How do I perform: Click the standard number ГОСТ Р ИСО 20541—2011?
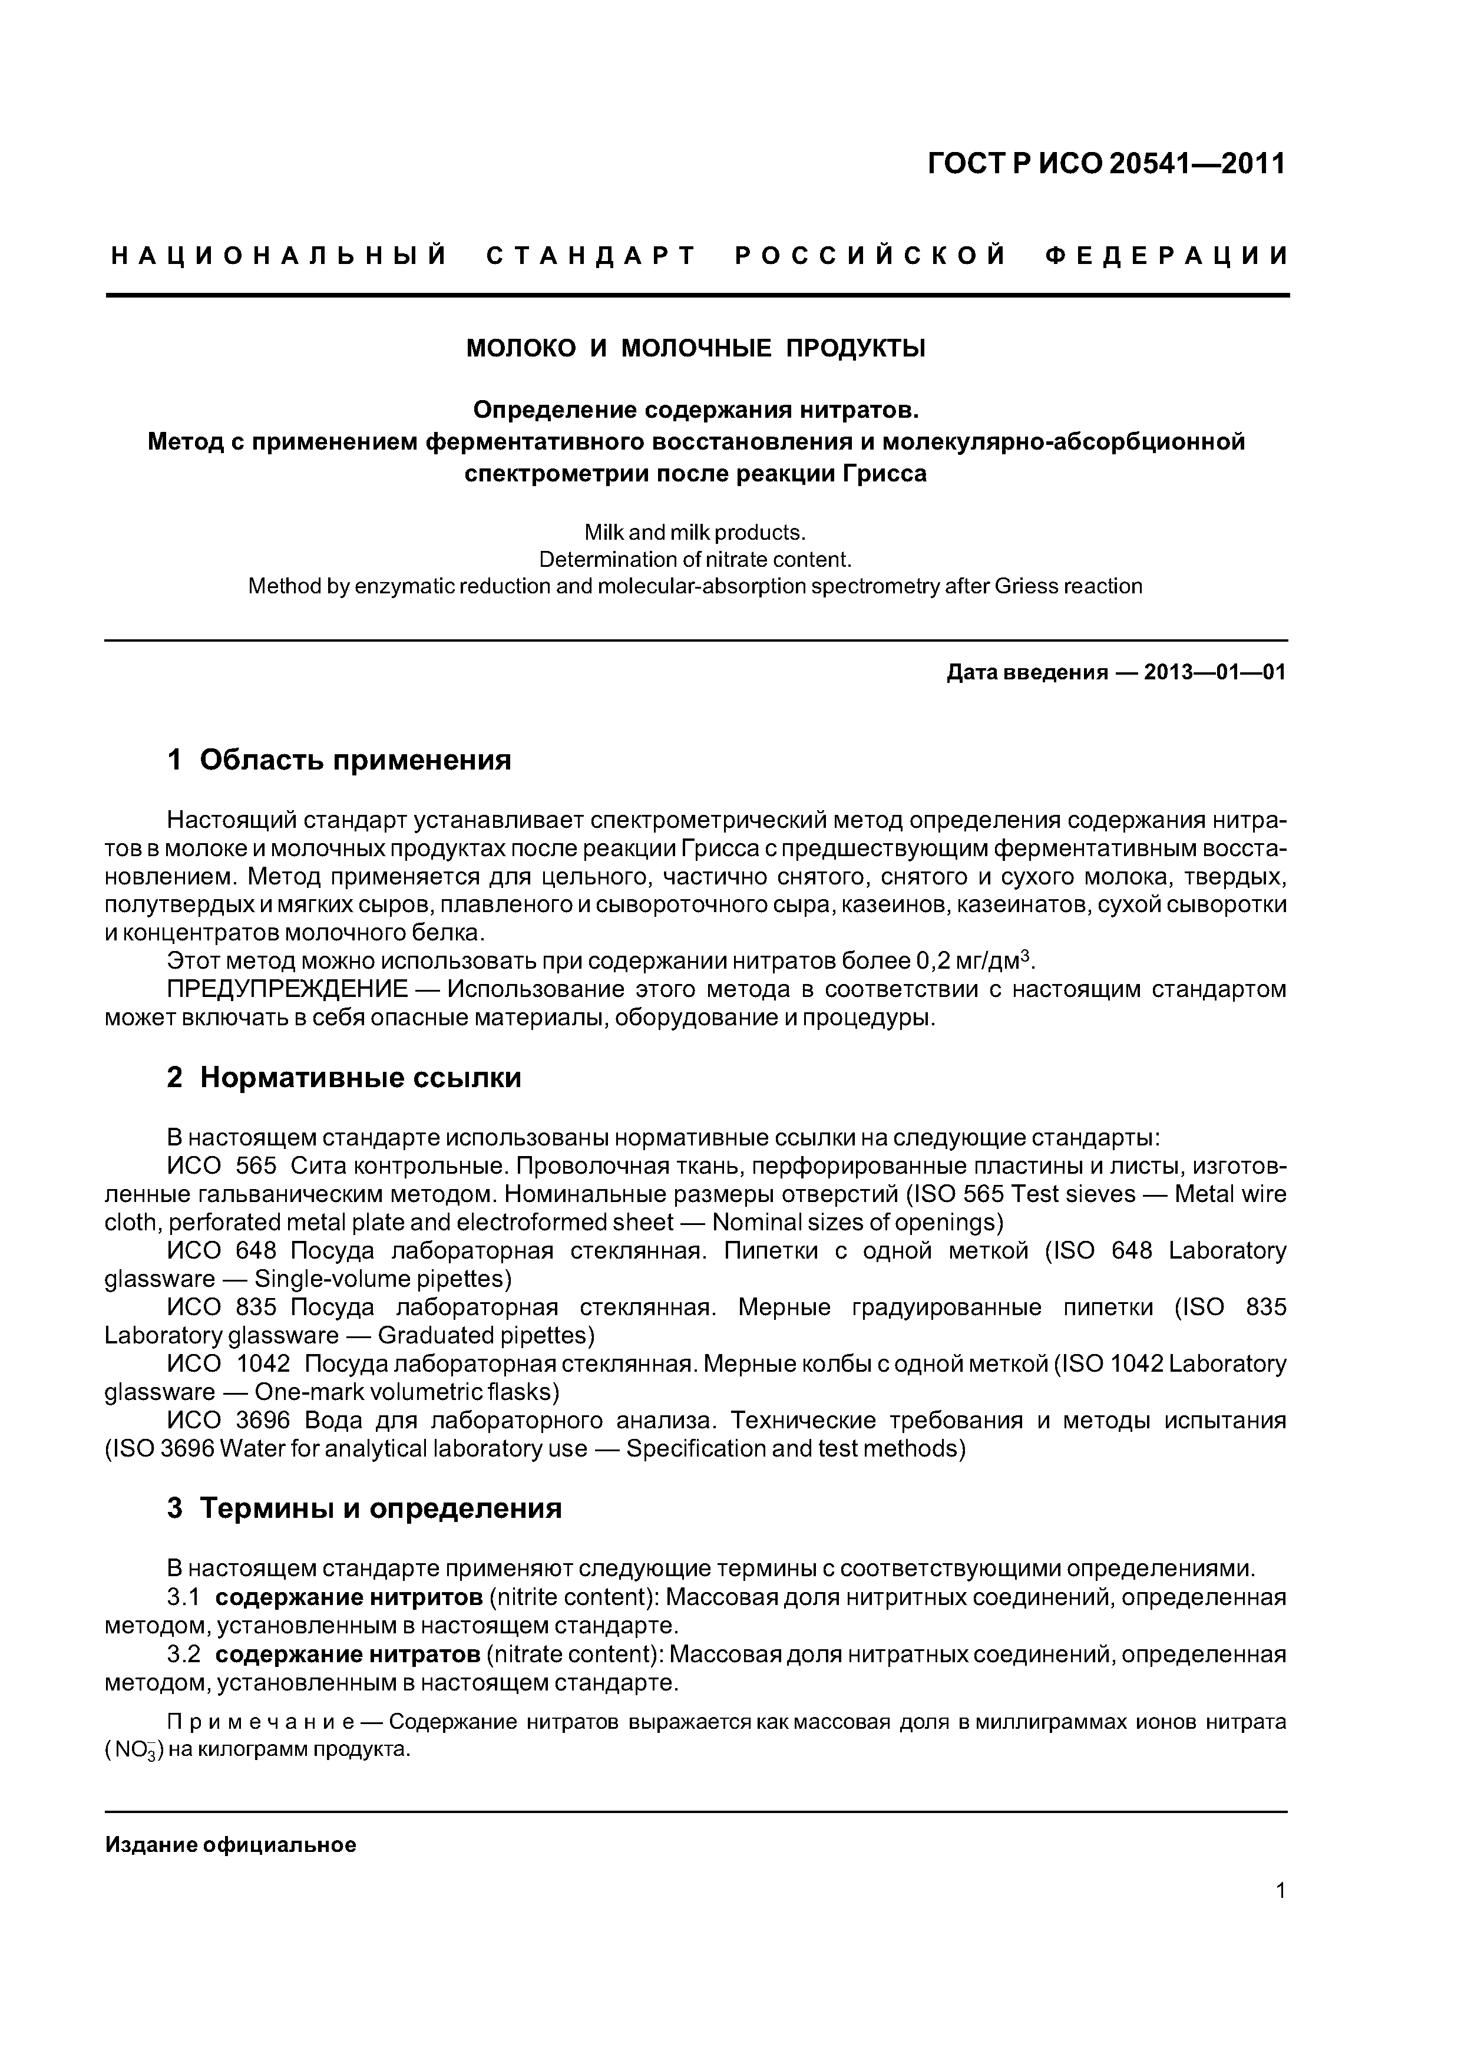[1106, 164]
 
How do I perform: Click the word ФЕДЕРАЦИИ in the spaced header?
[1168, 256]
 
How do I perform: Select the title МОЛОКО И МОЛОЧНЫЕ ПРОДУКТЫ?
[696, 348]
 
